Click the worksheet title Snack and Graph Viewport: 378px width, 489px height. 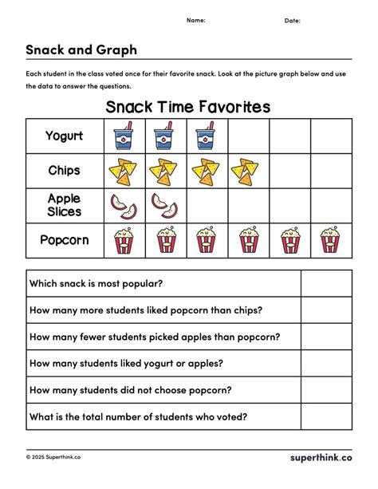[81, 49]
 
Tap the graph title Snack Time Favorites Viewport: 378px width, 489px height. [188, 107]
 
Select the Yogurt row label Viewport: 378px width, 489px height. [65, 136]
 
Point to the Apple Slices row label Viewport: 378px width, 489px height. [65, 205]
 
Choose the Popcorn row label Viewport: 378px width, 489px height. [65, 240]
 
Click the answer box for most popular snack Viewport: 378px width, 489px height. [325, 283]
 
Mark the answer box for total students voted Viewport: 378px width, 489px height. [325, 416]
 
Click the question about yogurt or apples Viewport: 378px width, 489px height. [126, 363]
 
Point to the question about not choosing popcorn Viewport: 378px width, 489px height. [130, 389]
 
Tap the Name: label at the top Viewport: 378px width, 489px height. [196, 20]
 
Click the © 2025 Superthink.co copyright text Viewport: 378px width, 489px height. [53, 458]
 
